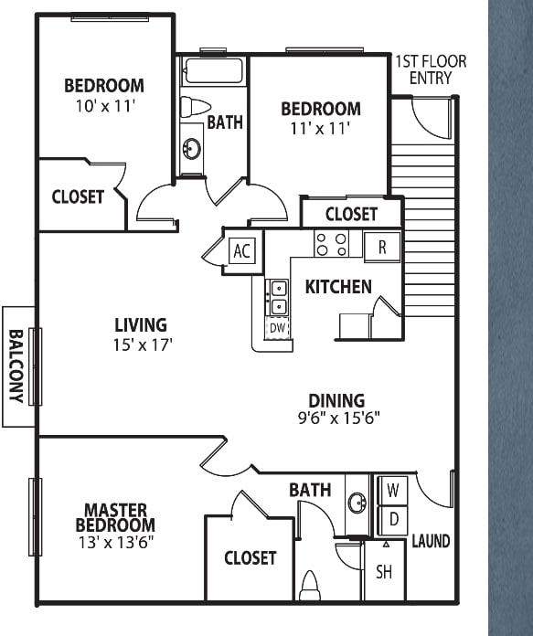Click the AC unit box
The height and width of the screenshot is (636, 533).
(242, 250)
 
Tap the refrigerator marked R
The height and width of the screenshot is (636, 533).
(382, 247)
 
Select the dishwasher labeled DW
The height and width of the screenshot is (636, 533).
(278, 328)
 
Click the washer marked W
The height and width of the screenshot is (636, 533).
(392, 491)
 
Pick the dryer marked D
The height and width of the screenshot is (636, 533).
(392, 520)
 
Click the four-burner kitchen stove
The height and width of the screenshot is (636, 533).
(332, 243)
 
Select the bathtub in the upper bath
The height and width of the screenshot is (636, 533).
(213, 71)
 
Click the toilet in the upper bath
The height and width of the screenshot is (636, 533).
(195, 107)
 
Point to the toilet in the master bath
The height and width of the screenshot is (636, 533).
(310, 586)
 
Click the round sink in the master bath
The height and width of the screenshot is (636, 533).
(357, 503)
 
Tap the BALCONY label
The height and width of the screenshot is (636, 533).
(16, 366)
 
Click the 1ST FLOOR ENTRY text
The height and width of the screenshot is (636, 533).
(431, 69)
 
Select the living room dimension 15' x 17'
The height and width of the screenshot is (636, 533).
(143, 345)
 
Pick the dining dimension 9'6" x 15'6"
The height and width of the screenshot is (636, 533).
(338, 418)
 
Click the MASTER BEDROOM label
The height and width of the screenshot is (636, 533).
(115, 517)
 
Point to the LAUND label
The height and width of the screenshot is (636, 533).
(431, 541)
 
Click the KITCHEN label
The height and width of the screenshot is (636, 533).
(338, 287)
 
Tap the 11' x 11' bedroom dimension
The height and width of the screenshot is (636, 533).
(320, 129)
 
